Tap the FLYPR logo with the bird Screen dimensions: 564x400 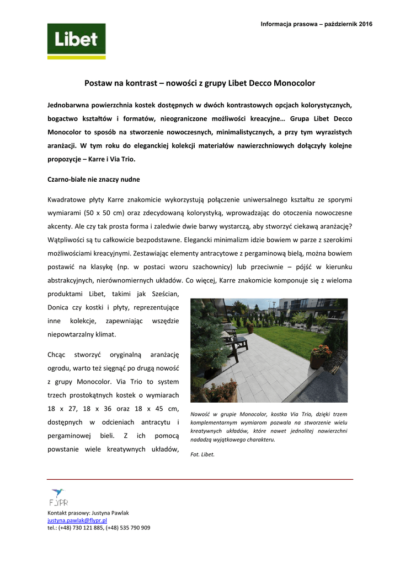(58, 497)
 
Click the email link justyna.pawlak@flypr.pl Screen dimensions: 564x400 (77, 520)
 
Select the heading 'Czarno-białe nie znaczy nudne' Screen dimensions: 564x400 (93, 179)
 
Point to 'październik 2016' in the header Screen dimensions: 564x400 (349, 24)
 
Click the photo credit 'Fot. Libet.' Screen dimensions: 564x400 (202, 454)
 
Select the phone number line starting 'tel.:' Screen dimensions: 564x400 (99, 528)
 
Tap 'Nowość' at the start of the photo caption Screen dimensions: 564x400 (201, 414)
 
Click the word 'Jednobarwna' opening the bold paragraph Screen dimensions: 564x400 (72, 104)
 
